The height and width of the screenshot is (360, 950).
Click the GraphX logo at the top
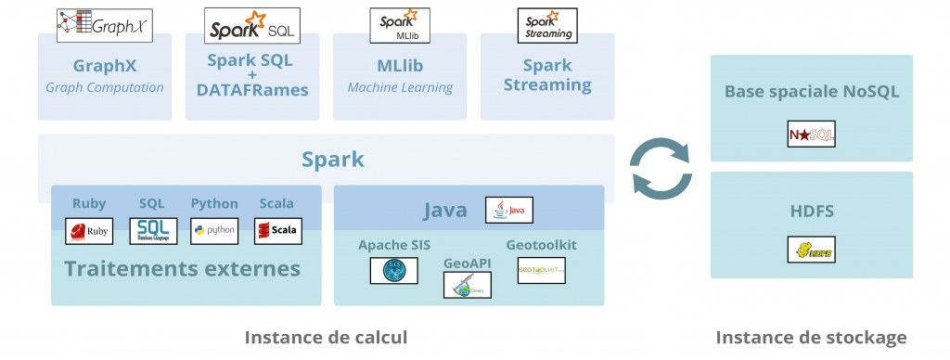104,25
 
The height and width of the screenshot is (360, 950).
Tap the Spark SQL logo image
251,27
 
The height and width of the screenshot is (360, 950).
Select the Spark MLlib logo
399,26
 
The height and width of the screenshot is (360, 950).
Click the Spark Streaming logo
546,26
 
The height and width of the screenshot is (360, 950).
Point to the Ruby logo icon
89,230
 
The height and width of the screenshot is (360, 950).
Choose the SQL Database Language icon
152,230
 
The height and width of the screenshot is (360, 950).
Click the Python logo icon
214,230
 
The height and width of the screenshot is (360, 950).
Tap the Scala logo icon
277,230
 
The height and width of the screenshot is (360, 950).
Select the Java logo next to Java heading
509,211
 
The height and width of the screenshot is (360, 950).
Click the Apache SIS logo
393,270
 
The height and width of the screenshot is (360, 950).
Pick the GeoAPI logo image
467,285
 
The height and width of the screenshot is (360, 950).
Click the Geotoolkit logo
541,270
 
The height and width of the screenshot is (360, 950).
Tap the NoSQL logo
811,134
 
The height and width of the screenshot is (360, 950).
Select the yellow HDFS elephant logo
811,250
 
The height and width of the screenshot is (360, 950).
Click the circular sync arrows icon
661,167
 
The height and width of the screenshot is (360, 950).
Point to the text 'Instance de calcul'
326,337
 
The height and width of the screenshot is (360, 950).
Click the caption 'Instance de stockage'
811,337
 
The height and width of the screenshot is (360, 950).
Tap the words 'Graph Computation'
105,87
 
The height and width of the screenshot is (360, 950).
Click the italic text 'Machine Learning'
400,87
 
